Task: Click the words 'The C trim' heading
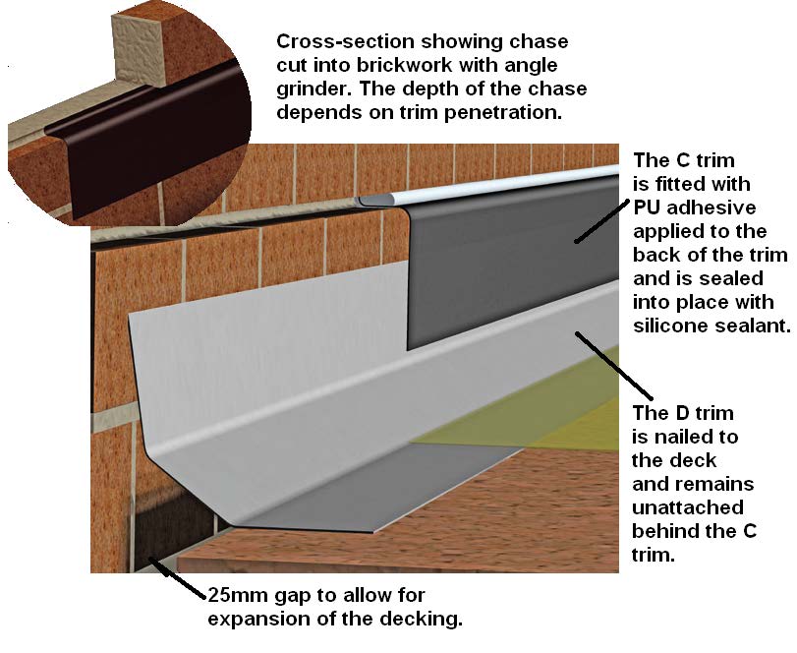[x=685, y=160]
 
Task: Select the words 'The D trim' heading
[x=684, y=413]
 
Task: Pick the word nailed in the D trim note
[x=686, y=437]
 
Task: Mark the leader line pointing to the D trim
[x=610, y=363]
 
